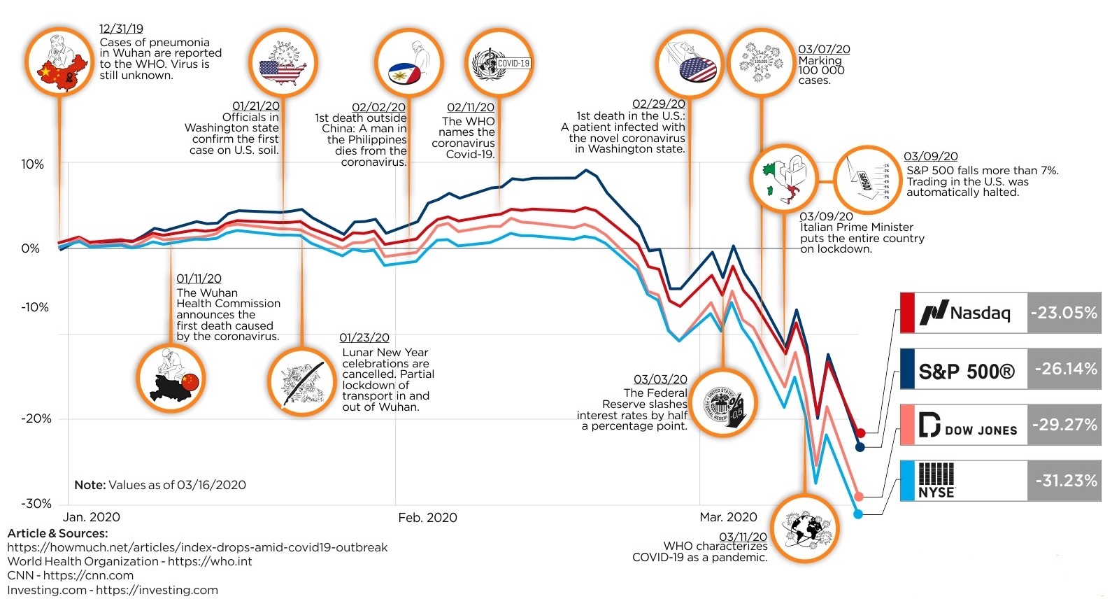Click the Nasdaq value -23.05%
click(1064, 312)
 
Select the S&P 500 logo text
click(966, 371)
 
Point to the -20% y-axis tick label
click(36, 418)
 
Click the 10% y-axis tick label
click(32, 164)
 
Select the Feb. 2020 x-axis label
click(427, 517)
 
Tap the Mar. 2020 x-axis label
click(728, 517)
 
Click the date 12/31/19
click(121, 29)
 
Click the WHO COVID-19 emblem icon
click(499, 64)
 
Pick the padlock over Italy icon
click(784, 179)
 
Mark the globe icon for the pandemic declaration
click(805, 528)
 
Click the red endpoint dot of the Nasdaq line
click(861, 433)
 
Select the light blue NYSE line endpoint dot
click(858, 514)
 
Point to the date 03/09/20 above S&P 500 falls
click(930, 157)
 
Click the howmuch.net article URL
click(197, 547)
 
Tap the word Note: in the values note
click(90, 485)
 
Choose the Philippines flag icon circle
click(408, 64)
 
